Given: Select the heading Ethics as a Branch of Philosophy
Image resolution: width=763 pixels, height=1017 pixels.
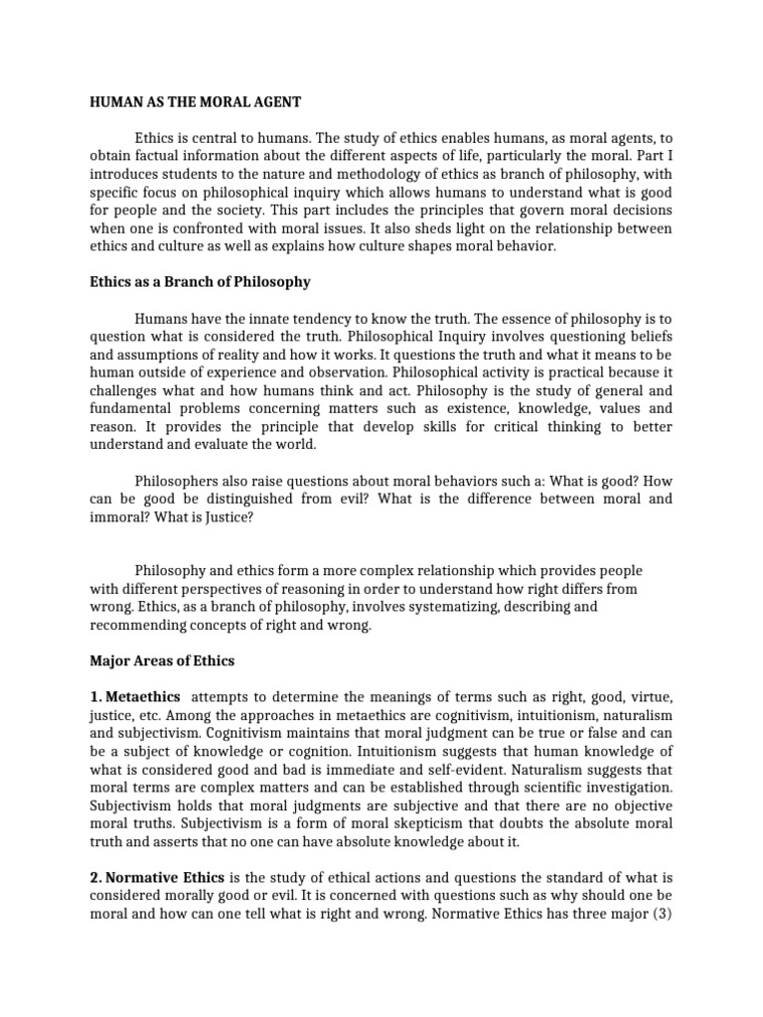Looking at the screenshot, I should (200, 282).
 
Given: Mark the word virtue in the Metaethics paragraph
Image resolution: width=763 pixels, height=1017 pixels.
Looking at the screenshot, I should (649, 697).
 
